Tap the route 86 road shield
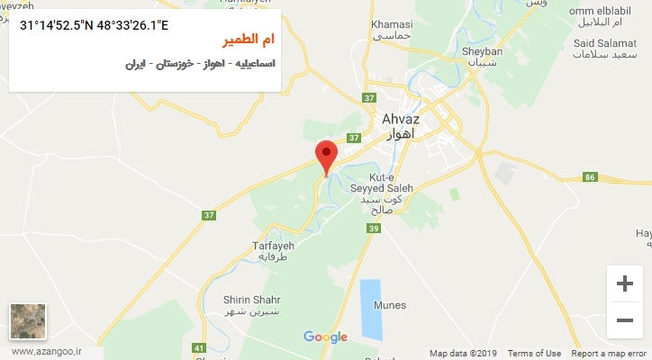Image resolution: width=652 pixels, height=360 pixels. pos(591,177)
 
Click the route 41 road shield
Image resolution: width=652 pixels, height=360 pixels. pos(199,347)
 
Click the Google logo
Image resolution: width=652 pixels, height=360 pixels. pos(325,337)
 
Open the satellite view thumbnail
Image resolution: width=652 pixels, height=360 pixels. pos(28,321)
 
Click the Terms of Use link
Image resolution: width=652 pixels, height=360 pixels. pos(534,354)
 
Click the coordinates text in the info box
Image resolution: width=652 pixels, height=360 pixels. pos(94,24)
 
